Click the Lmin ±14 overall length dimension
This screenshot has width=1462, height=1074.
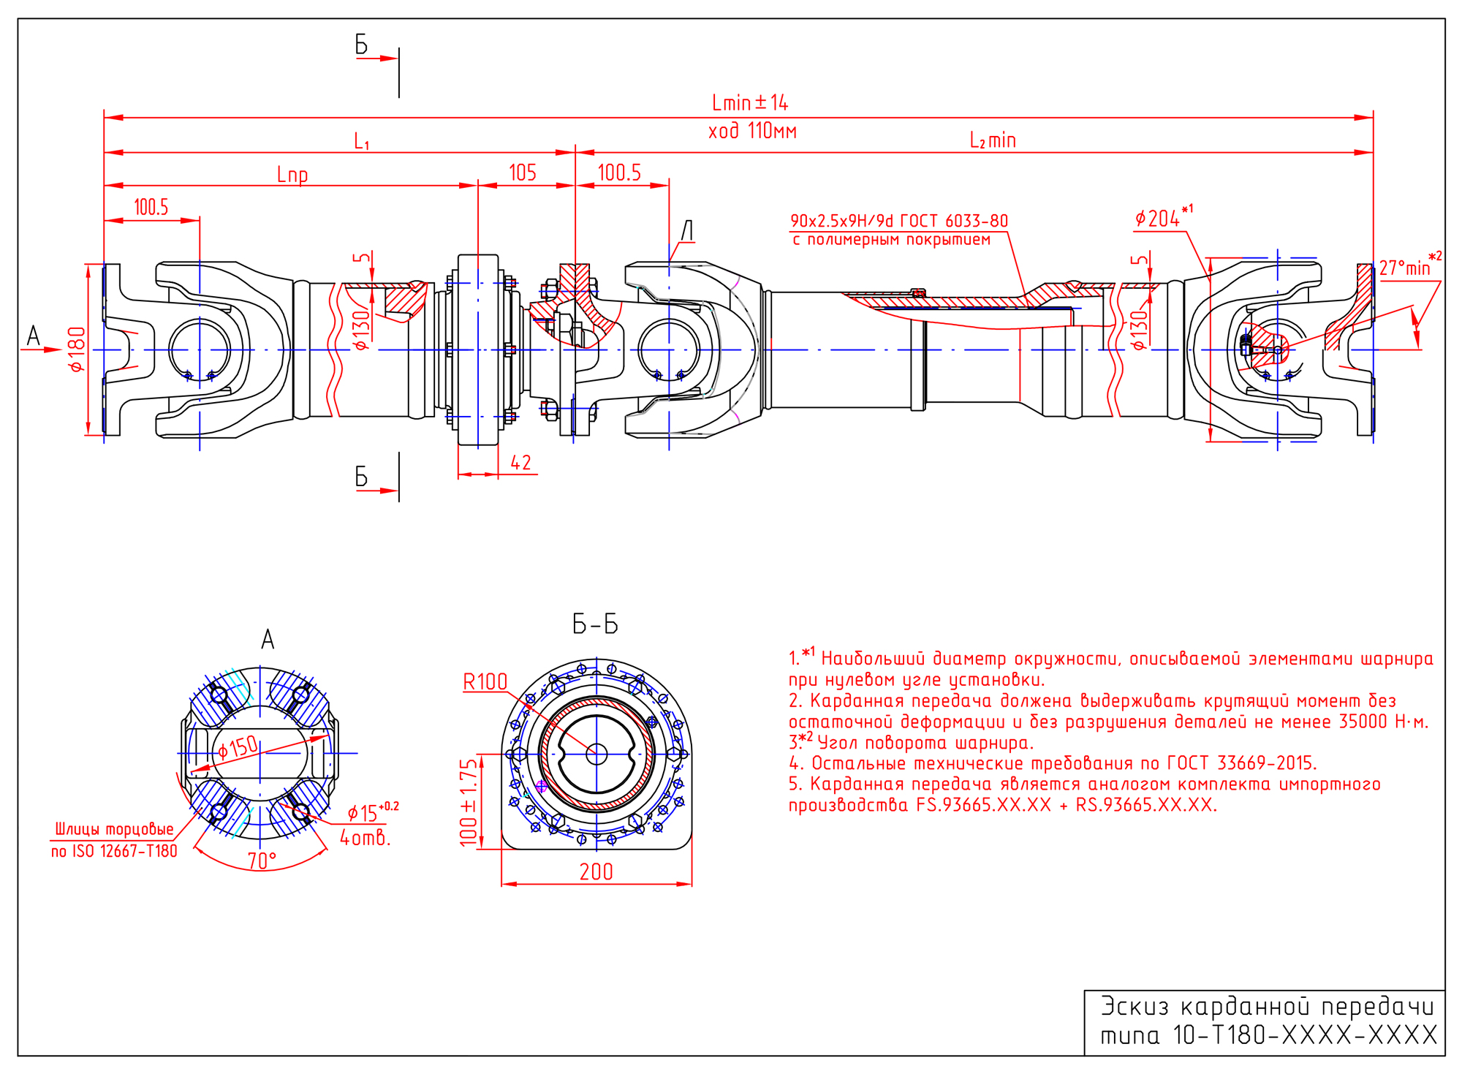[750, 102]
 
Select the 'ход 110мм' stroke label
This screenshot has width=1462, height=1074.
[752, 132]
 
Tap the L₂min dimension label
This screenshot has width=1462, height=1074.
[993, 140]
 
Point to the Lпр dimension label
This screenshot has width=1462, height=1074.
[292, 175]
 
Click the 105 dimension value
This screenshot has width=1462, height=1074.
[523, 173]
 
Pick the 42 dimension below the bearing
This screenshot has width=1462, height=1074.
[520, 463]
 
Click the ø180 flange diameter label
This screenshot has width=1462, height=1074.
[77, 349]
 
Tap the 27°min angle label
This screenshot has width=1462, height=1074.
[1404, 268]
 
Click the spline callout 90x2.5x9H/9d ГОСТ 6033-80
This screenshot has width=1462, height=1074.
[899, 221]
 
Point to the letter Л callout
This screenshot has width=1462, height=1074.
[687, 230]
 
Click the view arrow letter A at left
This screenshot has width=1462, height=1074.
[33, 336]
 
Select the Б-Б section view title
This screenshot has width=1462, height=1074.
[595, 625]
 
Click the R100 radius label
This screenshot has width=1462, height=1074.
[485, 682]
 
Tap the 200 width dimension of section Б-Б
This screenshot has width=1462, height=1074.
[596, 872]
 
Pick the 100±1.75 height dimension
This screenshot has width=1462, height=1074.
[469, 802]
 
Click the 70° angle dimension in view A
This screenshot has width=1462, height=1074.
[262, 861]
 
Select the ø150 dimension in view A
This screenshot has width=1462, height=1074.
[238, 748]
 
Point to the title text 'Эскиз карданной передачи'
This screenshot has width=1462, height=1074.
[1268, 1007]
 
